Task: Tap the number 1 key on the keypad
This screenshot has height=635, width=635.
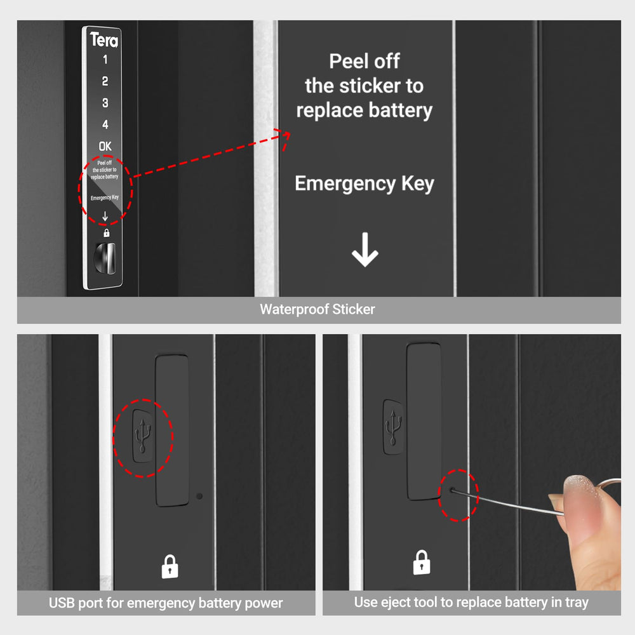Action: click(105, 60)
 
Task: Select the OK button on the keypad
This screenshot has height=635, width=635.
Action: click(105, 146)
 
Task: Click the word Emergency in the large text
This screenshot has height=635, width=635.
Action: click(336, 184)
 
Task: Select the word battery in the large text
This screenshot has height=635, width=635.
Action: click(399, 110)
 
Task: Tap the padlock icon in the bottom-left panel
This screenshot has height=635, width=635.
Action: click(170, 566)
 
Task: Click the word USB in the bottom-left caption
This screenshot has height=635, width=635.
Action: click(61, 603)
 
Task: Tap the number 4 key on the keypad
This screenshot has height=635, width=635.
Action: click(105, 124)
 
